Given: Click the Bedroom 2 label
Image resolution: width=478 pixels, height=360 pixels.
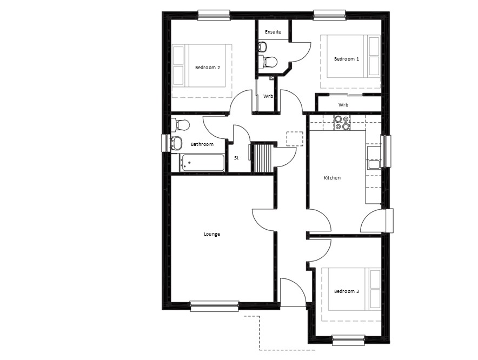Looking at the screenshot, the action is [x=208, y=68].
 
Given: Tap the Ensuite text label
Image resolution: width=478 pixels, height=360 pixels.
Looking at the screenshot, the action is [x=273, y=32].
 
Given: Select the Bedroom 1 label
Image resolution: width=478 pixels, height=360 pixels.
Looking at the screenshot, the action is [x=346, y=59].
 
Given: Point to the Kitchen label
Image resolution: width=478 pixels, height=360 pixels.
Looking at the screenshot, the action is [x=332, y=178].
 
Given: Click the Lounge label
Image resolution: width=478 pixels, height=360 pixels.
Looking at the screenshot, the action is [x=212, y=234].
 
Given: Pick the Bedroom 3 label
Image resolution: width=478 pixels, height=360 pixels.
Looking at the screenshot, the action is [x=346, y=291].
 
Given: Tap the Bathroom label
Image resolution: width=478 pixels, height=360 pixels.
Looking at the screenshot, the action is [x=202, y=144].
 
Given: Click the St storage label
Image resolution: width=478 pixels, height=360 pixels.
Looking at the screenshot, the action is [x=236, y=158].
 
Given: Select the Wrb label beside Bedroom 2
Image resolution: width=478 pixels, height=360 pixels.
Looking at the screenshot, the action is [x=268, y=96].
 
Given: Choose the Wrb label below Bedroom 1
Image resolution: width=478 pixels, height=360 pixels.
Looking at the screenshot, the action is [x=343, y=105].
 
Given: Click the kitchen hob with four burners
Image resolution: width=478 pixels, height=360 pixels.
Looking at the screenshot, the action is [x=342, y=123].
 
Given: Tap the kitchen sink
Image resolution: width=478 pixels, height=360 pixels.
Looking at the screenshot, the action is [x=374, y=164].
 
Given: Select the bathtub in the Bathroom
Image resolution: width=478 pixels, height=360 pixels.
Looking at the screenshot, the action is [x=203, y=163].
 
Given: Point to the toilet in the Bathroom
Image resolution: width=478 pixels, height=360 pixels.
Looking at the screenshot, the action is [x=181, y=125].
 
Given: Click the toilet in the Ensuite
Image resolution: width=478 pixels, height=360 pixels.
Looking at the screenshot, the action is [x=267, y=62].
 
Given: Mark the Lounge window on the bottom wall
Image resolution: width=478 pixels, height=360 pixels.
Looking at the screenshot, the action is [x=214, y=306].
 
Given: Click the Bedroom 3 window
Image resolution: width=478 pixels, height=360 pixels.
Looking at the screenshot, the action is [x=348, y=340].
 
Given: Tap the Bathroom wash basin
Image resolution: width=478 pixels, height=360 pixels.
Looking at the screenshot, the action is [x=176, y=143].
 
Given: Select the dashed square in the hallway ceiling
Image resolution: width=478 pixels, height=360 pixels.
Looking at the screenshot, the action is [x=295, y=139].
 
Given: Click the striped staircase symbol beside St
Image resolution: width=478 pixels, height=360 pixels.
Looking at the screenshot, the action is [x=262, y=158].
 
